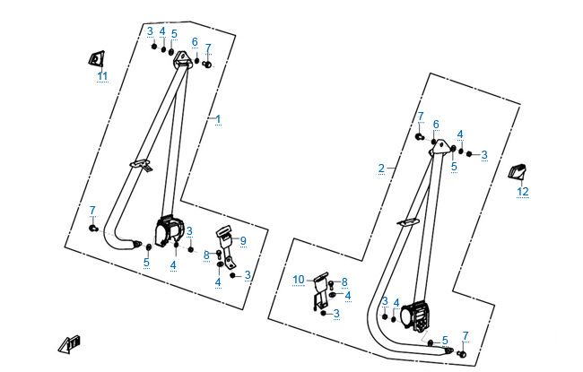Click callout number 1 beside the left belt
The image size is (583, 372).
pos(217,119)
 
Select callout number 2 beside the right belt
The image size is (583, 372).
pos(381,169)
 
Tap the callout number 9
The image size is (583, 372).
pos(242,241)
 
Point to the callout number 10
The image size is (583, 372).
pos(300,280)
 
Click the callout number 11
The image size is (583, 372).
pos(102,76)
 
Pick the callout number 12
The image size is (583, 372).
pos(523,191)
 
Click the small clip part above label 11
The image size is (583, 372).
pos(95,58)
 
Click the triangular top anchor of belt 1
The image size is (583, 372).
pos(184,59)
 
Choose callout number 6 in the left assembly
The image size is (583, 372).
pos(195,42)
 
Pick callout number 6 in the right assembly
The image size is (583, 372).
pos(436,124)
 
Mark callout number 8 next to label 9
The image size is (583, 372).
pos(206,255)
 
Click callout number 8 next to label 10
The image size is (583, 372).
pos(344,281)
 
